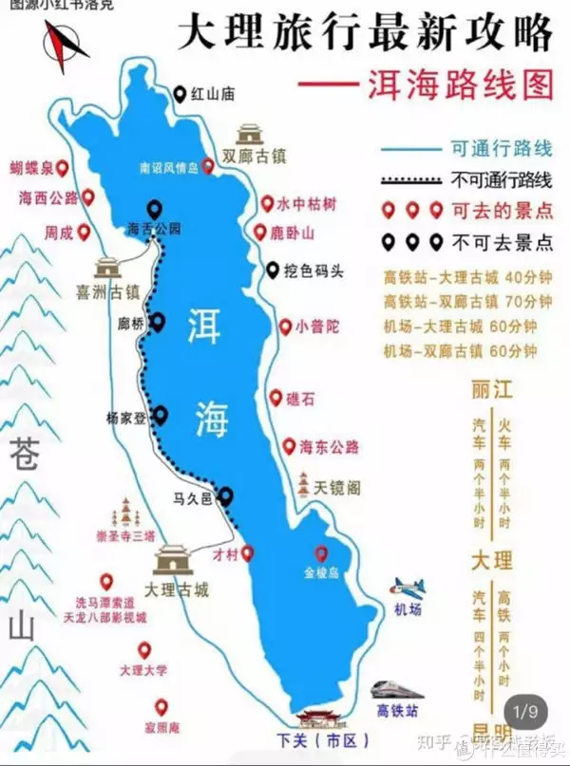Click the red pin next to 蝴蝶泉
coord(63,168)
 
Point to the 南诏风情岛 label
coord(167,168)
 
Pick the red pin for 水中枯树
coord(267,203)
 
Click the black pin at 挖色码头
coord(274,269)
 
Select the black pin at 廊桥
coord(159,323)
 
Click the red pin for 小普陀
coord(284,327)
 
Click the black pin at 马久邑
coord(226,495)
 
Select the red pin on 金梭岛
coord(321,553)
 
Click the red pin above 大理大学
coord(144,650)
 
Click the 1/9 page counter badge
coord(525,710)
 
